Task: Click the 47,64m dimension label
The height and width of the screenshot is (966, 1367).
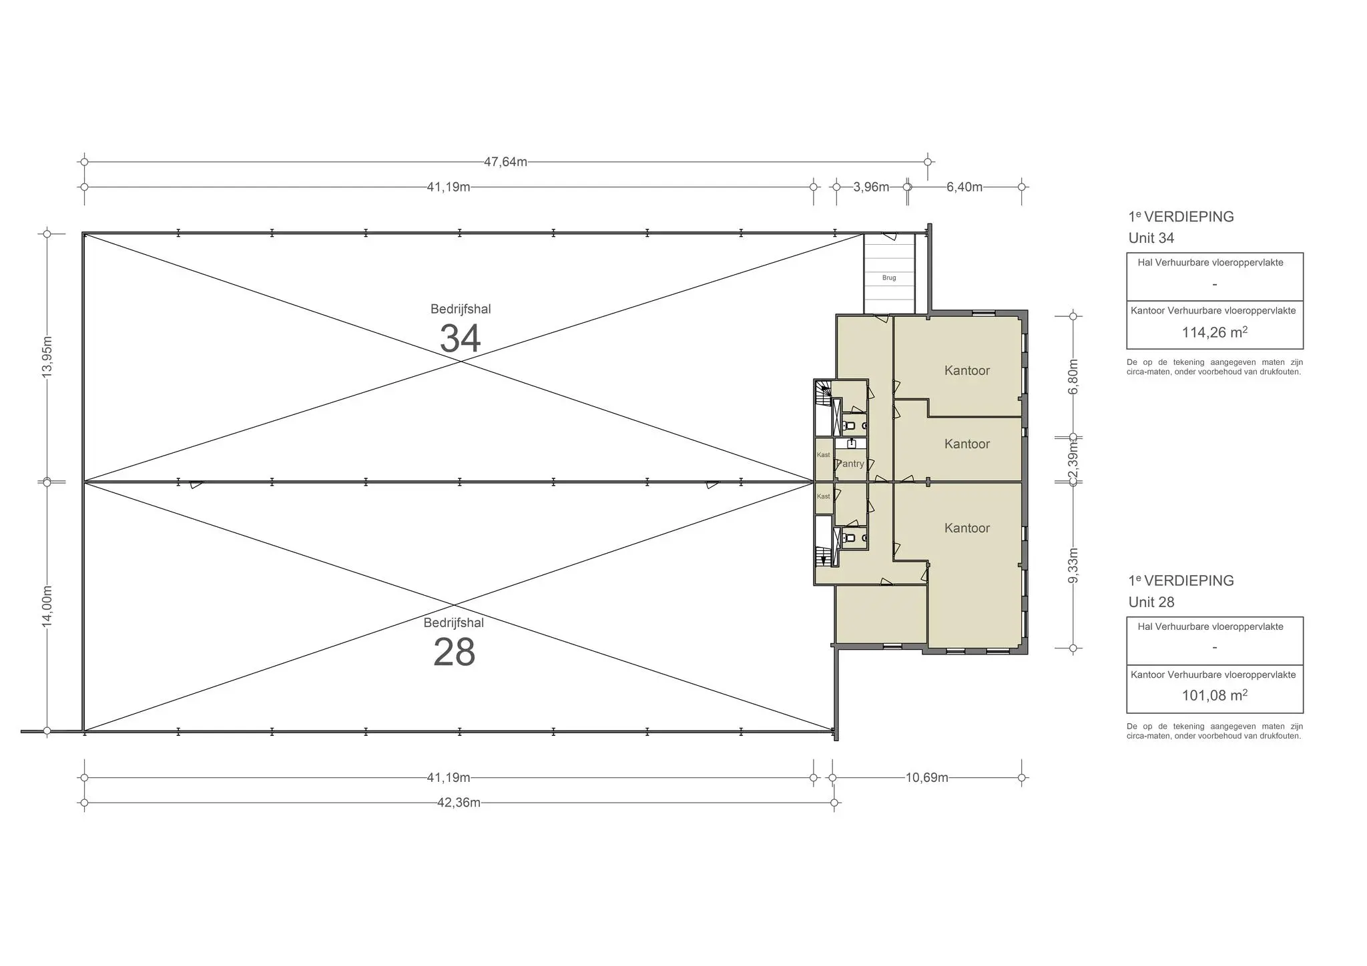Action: point(505,161)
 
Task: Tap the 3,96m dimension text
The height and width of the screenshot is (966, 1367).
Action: point(871,187)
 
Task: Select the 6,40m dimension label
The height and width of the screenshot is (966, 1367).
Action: point(964,187)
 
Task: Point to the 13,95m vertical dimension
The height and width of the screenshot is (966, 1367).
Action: point(47,358)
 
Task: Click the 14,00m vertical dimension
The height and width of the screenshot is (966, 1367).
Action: point(47,606)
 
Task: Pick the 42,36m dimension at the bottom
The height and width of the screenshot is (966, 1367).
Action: point(459,803)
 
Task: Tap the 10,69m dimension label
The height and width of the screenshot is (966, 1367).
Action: point(926,777)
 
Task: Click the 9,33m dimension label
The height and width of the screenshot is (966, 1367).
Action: point(1073,565)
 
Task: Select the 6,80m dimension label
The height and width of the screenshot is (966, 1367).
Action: point(1073,377)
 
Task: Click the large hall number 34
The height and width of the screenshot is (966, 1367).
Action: point(460,338)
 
